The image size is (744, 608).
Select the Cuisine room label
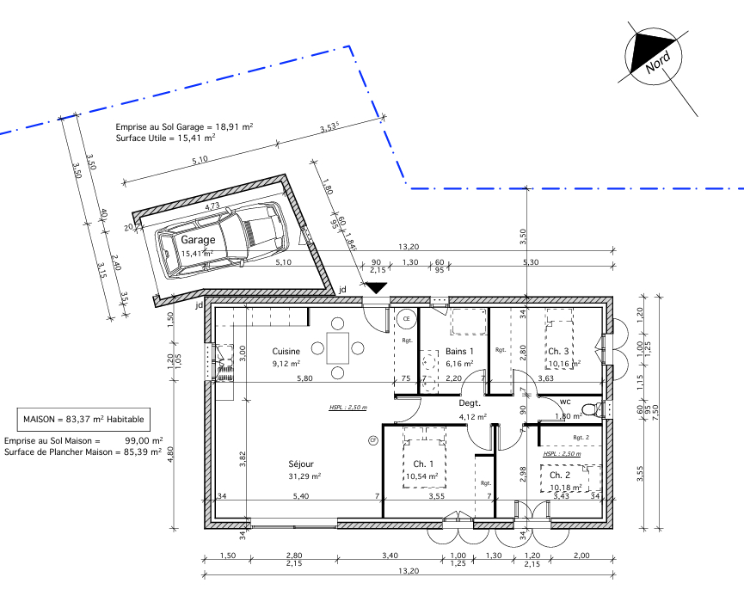tap(286, 352)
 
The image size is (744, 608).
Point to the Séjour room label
tap(301, 464)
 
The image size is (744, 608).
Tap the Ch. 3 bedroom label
tap(559, 352)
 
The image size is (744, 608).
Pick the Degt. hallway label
tap(469, 403)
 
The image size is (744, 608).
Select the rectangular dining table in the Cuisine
tap(338, 347)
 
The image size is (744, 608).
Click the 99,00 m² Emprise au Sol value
tap(144, 439)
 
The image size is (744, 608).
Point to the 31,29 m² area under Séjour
tap(304, 476)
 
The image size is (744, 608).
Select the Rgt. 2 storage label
tap(582, 438)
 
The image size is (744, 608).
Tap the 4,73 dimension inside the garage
tap(212, 206)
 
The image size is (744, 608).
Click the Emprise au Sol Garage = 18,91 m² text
tap(184, 126)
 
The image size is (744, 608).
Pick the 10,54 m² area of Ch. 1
tap(421, 476)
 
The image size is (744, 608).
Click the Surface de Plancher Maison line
tap(83, 451)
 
